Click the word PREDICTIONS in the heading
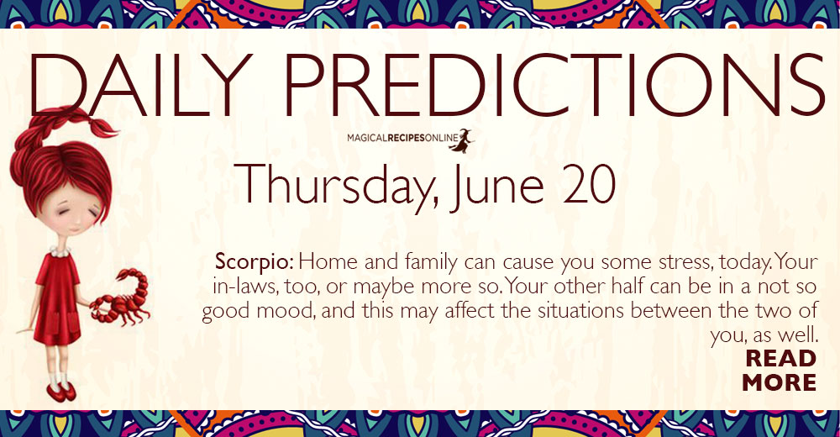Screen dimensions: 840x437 click(x=554, y=84)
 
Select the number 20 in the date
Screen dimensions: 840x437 click(x=590, y=185)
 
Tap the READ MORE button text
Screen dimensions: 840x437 click(x=780, y=370)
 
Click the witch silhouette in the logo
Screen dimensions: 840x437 click(x=461, y=140)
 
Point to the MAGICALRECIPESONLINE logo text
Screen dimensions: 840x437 click(x=402, y=139)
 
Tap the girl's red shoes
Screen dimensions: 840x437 click(x=60, y=392)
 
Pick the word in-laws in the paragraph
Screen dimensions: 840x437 click(x=243, y=287)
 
